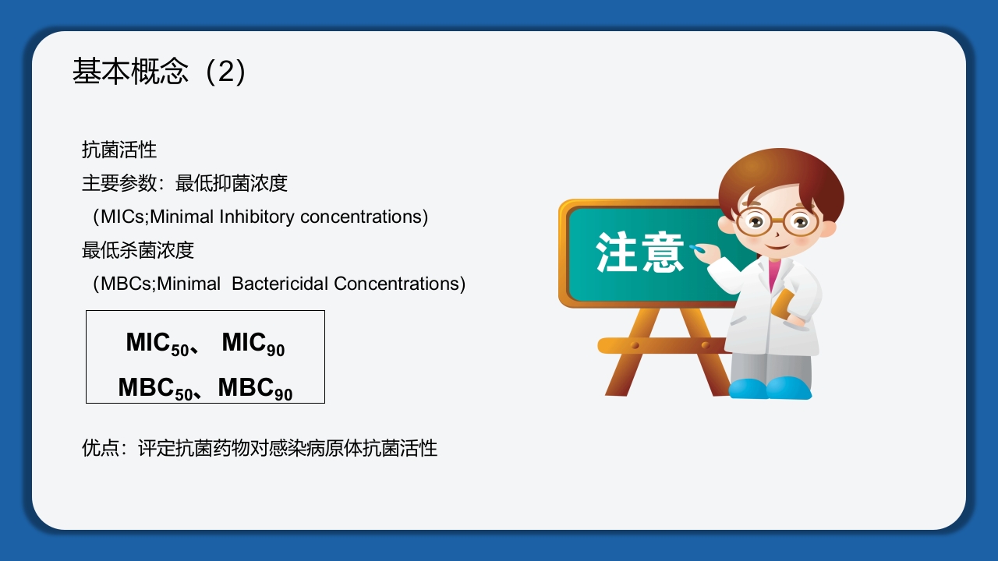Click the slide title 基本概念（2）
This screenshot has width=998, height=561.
coord(160,72)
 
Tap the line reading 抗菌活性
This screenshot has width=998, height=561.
coord(119,150)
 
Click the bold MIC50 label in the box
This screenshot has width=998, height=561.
coord(158,344)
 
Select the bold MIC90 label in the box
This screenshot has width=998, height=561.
coord(253,344)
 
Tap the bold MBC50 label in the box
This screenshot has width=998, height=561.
coord(156,388)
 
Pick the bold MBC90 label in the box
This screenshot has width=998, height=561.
coord(256,388)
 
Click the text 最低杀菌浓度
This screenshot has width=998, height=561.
coord(138,250)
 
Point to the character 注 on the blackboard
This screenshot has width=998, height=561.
coord(618,252)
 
